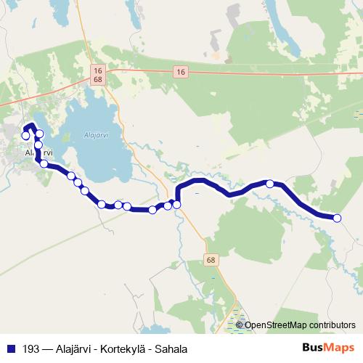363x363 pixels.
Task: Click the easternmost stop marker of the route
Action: [337, 218]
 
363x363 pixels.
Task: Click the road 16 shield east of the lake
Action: [181, 70]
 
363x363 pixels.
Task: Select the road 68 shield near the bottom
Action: [211, 260]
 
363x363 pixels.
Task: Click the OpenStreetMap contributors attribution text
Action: [300, 325]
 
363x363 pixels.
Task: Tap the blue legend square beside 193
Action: [11, 348]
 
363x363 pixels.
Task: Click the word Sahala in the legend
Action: [171, 348]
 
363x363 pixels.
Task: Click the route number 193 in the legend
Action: [31, 348]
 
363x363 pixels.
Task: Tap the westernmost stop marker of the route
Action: [26, 136]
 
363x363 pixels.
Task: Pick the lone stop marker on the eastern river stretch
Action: [270, 184]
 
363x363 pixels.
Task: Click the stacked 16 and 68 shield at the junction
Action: [97, 74]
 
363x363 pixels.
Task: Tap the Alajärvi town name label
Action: [38, 153]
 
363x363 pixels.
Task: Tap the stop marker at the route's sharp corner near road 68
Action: [176, 205]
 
